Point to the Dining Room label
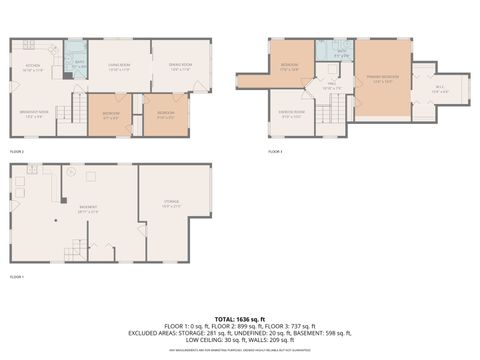point(181,69)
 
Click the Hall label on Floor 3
point(333,88)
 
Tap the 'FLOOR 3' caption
point(276,152)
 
